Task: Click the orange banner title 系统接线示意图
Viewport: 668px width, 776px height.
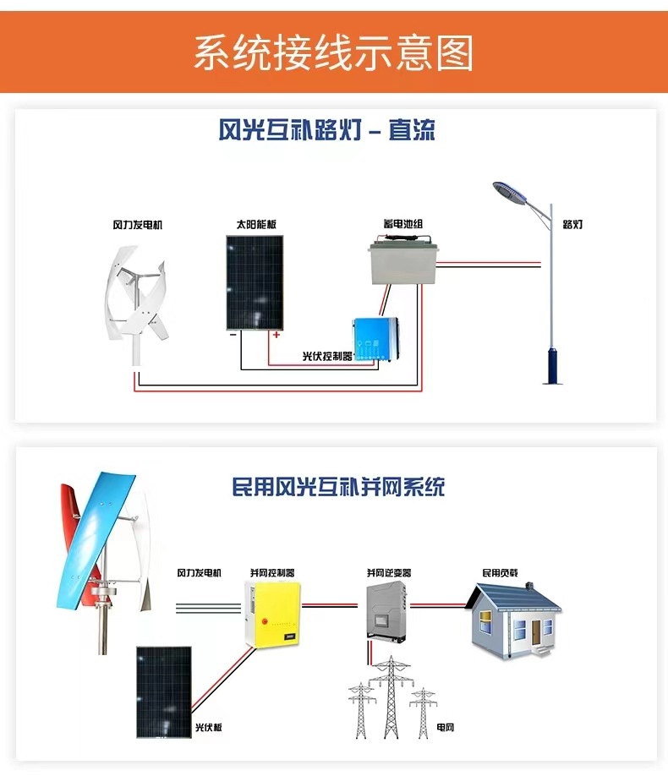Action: [x=333, y=52]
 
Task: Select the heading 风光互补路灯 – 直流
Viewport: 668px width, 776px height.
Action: [x=326, y=131]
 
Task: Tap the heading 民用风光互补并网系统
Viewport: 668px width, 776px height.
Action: [x=338, y=487]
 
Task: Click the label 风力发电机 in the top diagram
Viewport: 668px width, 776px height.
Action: [x=137, y=226]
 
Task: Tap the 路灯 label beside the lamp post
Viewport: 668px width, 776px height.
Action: [x=572, y=225]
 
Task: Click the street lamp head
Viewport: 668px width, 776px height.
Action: [x=511, y=192]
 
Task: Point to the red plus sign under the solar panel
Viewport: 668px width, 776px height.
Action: [x=276, y=336]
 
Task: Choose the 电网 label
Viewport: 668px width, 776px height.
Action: [x=445, y=727]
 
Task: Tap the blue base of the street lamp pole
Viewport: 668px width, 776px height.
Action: [x=552, y=363]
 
